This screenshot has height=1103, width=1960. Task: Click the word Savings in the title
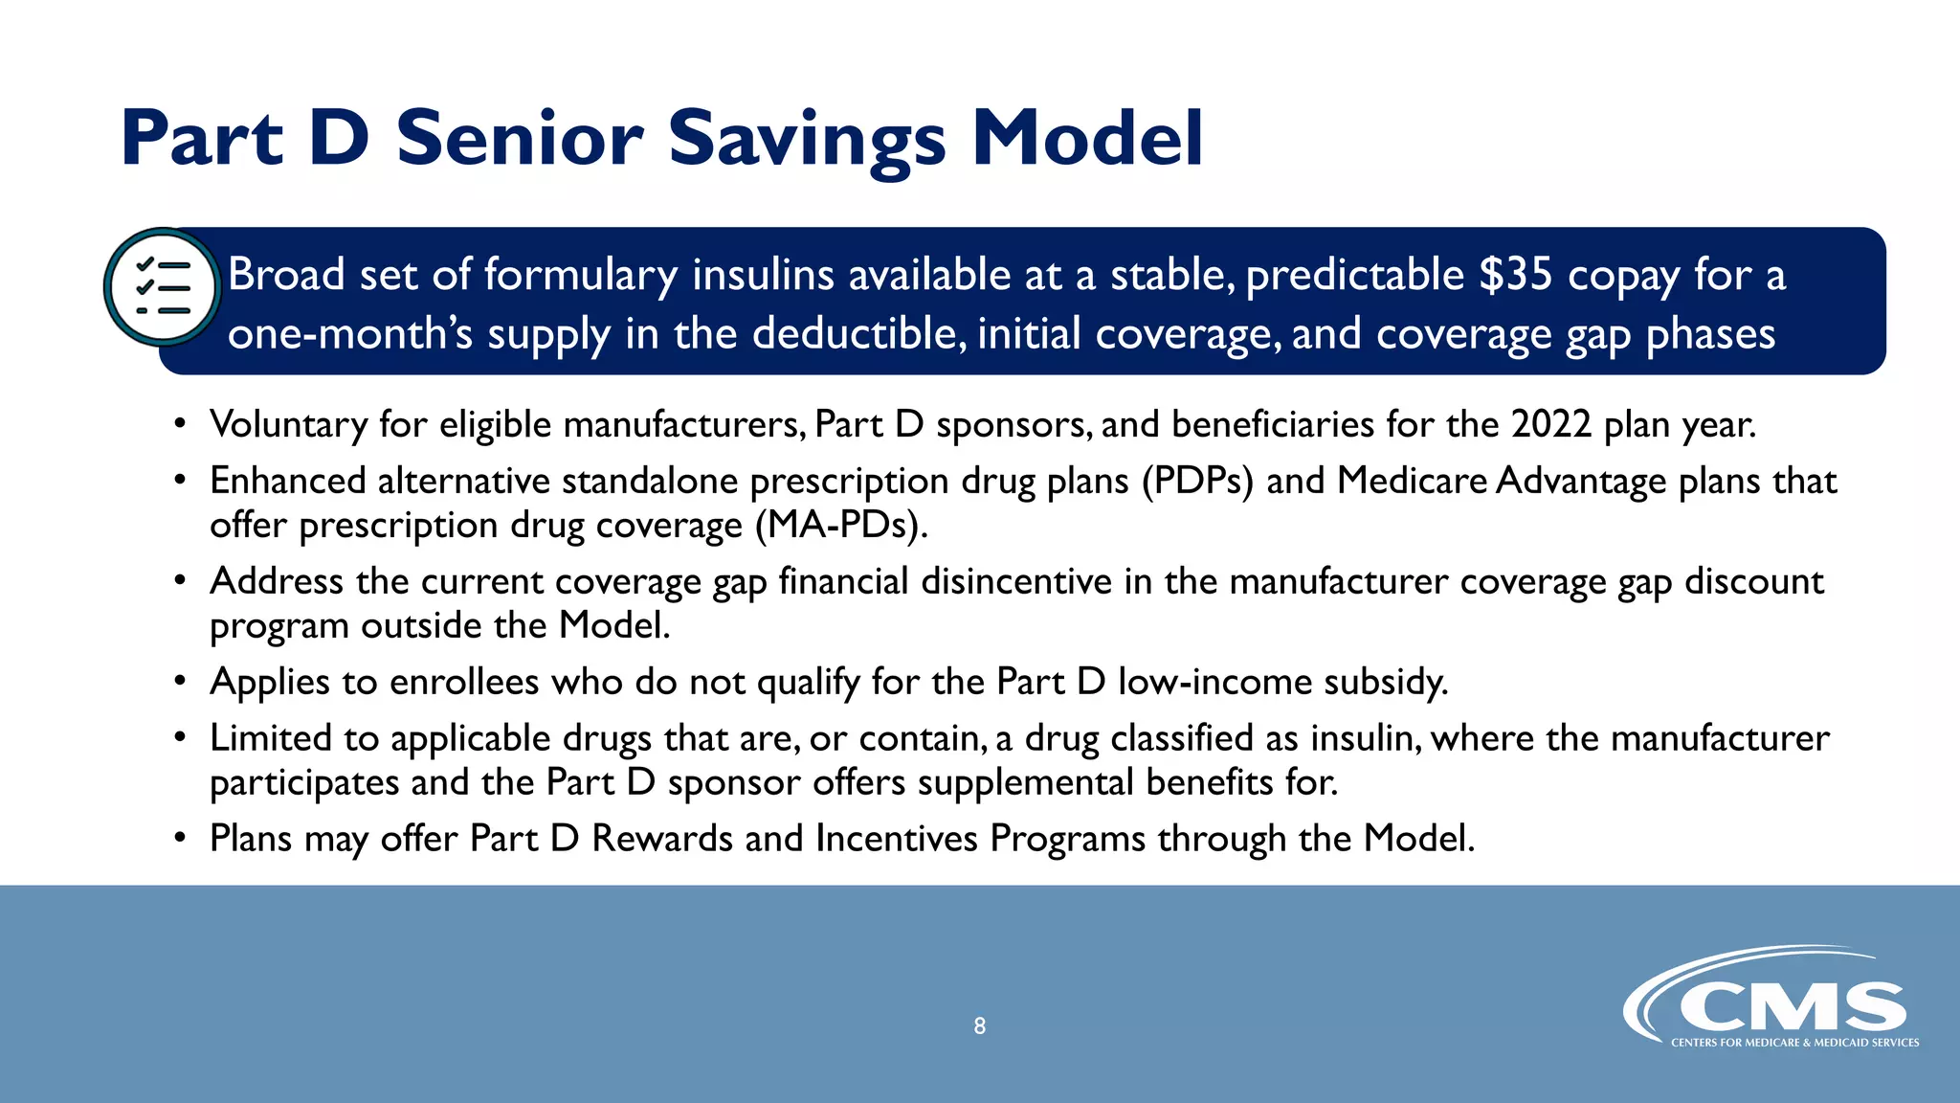807,140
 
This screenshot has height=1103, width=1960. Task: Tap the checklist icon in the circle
163,287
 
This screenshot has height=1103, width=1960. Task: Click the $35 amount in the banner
1515,276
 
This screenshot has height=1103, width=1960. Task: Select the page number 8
979,1026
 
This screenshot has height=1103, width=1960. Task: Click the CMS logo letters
1792,1007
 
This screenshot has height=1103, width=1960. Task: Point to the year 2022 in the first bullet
1550,424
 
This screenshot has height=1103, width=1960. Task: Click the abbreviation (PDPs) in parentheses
1196,481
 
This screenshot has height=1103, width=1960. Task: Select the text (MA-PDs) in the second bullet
840,526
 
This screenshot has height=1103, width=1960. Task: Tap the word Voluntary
288,424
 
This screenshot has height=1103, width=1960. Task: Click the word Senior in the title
520,140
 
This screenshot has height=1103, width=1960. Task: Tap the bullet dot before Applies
180,683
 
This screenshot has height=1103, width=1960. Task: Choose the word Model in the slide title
1087,140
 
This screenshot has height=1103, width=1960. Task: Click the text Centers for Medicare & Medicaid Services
1794,1043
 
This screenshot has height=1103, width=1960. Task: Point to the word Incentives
897,839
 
